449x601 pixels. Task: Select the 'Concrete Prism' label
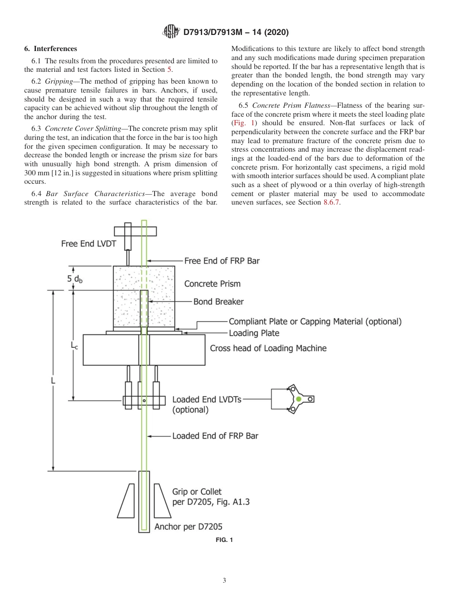212,284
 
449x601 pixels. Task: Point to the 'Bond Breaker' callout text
218,301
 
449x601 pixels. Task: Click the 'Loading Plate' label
254,333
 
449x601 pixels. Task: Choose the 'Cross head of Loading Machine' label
268,348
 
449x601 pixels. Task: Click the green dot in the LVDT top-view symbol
299,399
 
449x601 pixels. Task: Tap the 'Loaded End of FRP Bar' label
215,436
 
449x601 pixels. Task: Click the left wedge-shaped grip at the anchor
127,501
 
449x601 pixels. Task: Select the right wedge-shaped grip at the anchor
162,501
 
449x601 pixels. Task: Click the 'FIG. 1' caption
224,540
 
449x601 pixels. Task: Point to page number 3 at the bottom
224,580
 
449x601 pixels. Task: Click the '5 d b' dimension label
75,279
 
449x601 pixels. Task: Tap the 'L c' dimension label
75,346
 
